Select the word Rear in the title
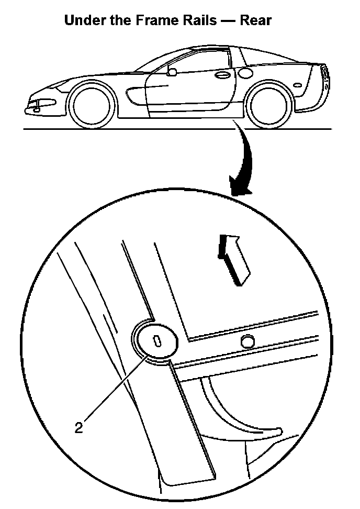coord(256,21)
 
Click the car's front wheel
coord(92,105)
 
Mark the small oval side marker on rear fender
coord(298,85)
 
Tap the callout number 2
coord(78,428)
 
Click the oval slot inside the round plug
coord(156,341)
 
